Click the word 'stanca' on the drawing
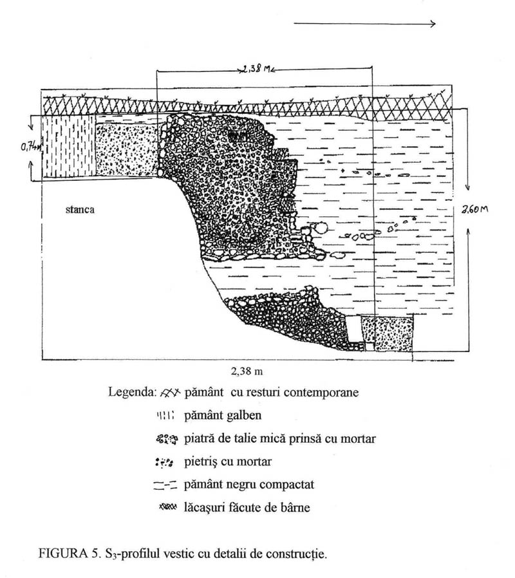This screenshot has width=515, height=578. point(80,210)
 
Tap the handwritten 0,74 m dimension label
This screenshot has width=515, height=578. point(32,147)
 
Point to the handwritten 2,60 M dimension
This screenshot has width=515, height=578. point(475,209)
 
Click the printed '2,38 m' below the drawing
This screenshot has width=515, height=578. point(247,371)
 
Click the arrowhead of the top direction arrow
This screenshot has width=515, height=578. point(433,24)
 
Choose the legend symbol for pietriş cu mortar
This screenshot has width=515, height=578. point(164,462)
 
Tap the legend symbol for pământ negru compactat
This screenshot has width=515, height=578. point(165,485)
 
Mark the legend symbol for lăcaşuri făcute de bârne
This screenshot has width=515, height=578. point(168,507)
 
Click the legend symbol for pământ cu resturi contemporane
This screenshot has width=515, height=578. point(171,393)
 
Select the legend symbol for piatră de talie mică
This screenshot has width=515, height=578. point(167,439)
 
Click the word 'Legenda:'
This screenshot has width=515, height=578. point(133,392)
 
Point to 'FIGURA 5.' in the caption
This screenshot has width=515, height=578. point(69,554)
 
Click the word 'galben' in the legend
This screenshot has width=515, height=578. point(243,415)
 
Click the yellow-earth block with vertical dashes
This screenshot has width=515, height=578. point(69,147)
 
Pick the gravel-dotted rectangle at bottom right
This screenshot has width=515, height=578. point(387,333)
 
